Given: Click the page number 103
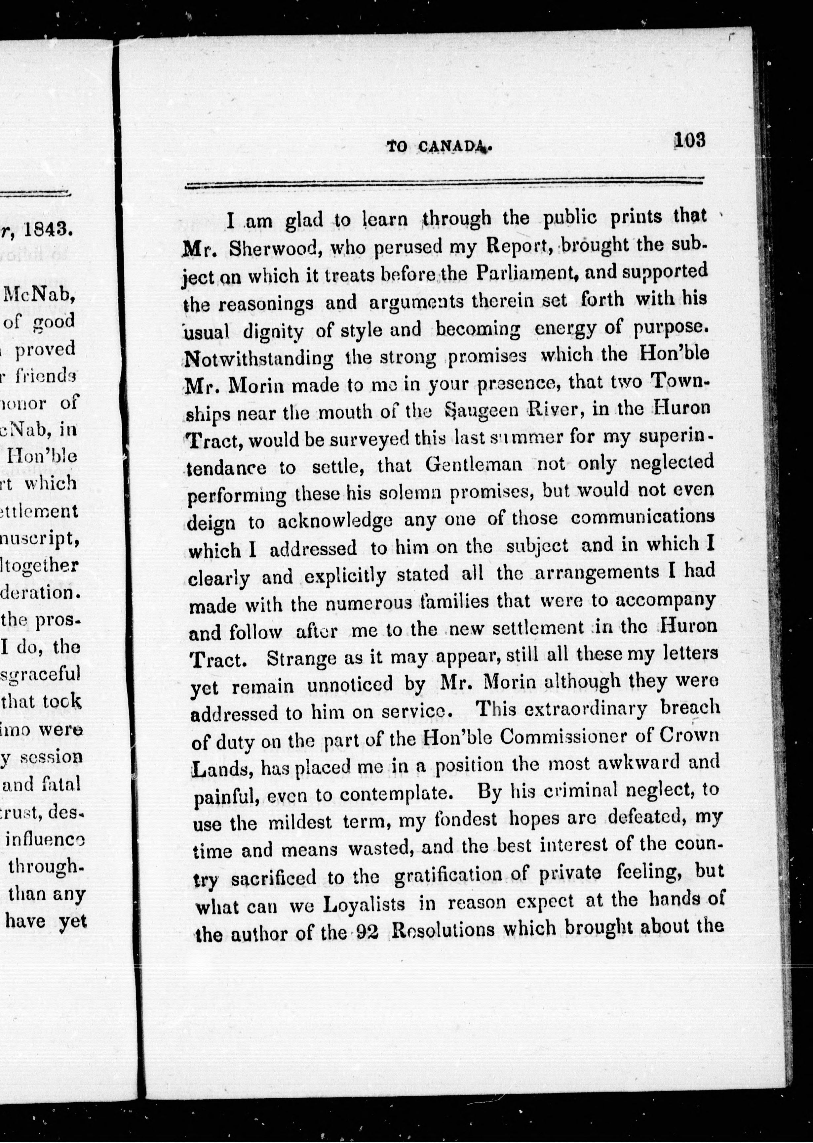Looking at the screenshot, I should pos(689,140).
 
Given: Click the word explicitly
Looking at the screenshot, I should pos(345,576).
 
